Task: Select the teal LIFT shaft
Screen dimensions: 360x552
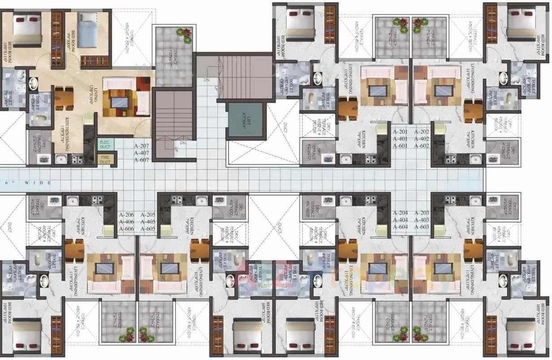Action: click(245, 120)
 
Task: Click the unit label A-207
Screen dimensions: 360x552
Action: click(142, 146)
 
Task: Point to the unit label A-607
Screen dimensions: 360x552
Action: click(142, 160)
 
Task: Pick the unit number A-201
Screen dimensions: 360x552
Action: click(400, 132)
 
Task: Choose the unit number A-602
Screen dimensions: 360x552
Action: click(422, 146)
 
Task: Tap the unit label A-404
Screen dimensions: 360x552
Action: click(400, 220)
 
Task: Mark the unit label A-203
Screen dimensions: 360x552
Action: click(422, 213)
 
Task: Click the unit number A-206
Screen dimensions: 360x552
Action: click(127, 215)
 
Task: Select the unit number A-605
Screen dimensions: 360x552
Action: click(148, 229)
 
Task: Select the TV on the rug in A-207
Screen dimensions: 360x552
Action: click(119, 102)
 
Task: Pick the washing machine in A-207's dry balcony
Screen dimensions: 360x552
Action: click(43, 159)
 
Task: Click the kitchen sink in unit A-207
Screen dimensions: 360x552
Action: click(60, 159)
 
